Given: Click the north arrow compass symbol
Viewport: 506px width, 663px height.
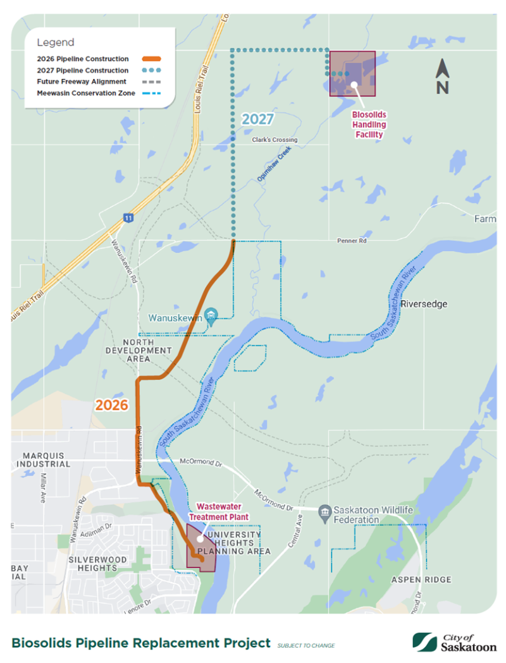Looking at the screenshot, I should click(442, 77).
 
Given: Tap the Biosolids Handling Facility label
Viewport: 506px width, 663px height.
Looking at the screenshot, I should click(369, 125).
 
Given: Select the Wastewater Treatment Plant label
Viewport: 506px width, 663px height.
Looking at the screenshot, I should click(223, 511).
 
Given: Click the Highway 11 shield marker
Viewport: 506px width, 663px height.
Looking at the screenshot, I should click(128, 217).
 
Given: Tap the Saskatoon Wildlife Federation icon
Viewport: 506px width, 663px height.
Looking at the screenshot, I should click(324, 510).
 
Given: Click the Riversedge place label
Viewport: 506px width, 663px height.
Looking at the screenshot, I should click(424, 304).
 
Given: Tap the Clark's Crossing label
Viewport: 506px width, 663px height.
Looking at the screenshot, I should click(274, 140).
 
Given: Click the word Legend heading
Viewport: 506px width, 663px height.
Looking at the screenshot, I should click(56, 43).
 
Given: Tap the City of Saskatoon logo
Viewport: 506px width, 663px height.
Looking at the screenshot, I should click(455, 642).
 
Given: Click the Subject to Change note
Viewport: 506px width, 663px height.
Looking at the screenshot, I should click(306, 645).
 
